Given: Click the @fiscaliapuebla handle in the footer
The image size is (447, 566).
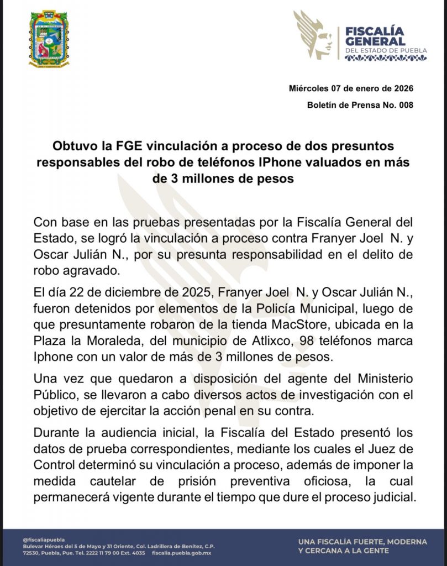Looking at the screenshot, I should pos(43,539).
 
